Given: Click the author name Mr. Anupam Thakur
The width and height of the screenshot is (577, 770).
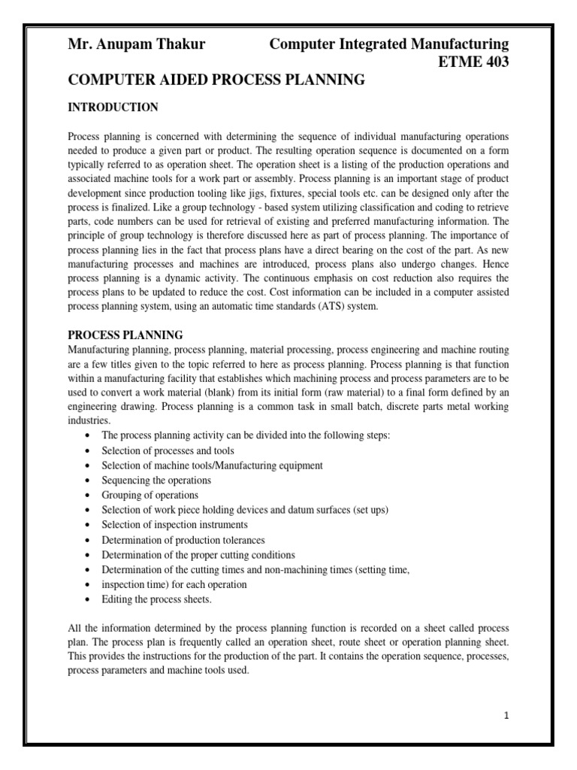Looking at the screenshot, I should [x=137, y=44].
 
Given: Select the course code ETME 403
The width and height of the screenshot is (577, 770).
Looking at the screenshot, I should [x=473, y=62].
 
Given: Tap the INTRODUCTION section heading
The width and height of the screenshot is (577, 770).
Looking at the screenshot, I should [x=113, y=108].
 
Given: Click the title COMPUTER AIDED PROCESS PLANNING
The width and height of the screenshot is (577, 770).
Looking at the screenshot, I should [x=216, y=80].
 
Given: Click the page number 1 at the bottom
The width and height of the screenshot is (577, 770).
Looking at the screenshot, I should [x=507, y=715].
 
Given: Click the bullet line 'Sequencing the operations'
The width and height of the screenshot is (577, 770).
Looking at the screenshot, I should [x=156, y=480].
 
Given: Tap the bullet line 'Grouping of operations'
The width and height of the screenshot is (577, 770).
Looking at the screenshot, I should [x=150, y=495].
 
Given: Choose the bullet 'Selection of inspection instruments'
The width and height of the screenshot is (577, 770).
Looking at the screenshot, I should [x=174, y=524].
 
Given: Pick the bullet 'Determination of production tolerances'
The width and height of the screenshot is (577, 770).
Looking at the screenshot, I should [x=183, y=539].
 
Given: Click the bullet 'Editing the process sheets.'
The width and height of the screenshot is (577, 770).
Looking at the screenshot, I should [x=157, y=599].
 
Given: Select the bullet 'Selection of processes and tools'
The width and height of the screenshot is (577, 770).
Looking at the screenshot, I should [x=168, y=450].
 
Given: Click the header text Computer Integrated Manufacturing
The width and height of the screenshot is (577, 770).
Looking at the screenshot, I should [x=388, y=44].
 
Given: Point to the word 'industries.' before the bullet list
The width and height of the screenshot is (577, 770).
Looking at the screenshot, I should [x=89, y=421].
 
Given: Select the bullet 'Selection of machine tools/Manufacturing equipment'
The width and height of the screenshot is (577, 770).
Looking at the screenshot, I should [x=213, y=465].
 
